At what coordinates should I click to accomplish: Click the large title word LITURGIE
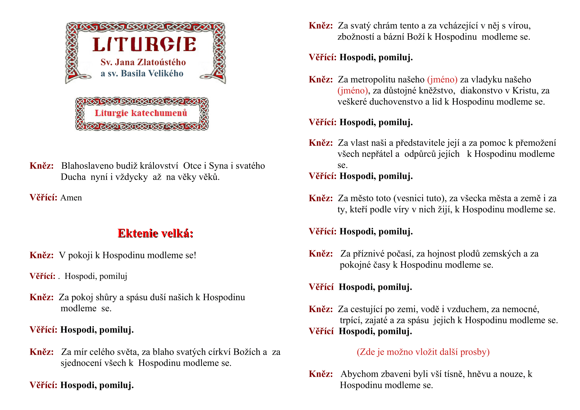coord(144,44)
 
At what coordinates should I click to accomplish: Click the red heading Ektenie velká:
coord(155,233)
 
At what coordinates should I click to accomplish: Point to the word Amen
coord(71,198)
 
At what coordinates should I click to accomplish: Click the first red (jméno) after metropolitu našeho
coord(442,80)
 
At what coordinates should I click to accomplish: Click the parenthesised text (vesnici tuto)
coord(419,199)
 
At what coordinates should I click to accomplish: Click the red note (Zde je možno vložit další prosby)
coord(423,352)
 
